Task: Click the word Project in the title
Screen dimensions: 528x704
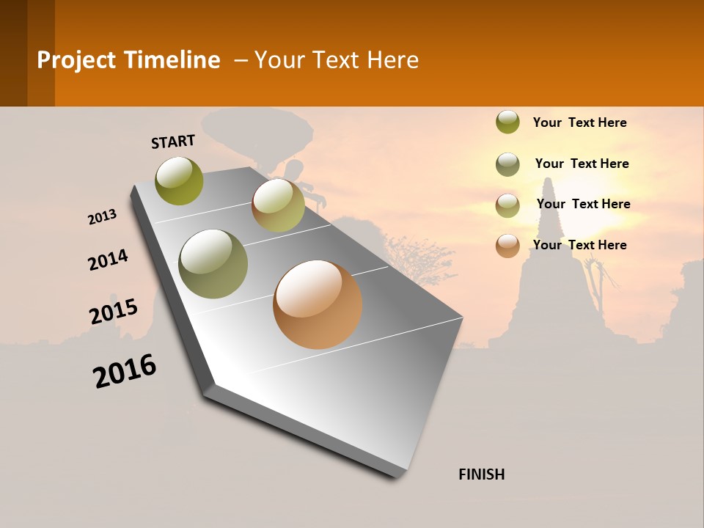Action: [77, 60]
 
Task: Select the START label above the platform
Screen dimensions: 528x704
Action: [173, 142]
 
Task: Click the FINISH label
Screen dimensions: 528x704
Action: [482, 474]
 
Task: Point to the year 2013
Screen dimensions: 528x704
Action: [103, 217]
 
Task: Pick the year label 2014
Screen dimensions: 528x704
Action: [108, 260]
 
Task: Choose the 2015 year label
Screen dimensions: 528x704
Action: [114, 311]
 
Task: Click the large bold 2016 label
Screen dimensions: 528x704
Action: [125, 371]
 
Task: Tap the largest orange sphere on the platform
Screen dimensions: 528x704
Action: [318, 304]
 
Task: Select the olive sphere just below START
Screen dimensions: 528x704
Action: [180, 180]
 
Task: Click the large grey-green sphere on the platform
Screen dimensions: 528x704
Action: [213, 263]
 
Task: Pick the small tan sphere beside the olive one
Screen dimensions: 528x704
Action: [278, 205]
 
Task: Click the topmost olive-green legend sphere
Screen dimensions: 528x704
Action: [507, 122]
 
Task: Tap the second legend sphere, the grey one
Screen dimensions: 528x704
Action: [507, 164]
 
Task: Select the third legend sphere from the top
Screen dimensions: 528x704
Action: [507, 205]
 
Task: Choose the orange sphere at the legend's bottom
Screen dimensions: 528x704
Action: [507, 246]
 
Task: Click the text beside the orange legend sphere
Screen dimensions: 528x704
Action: [579, 245]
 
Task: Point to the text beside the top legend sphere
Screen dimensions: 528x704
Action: [579, 122]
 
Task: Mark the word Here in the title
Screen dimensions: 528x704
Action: [392, 60]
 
